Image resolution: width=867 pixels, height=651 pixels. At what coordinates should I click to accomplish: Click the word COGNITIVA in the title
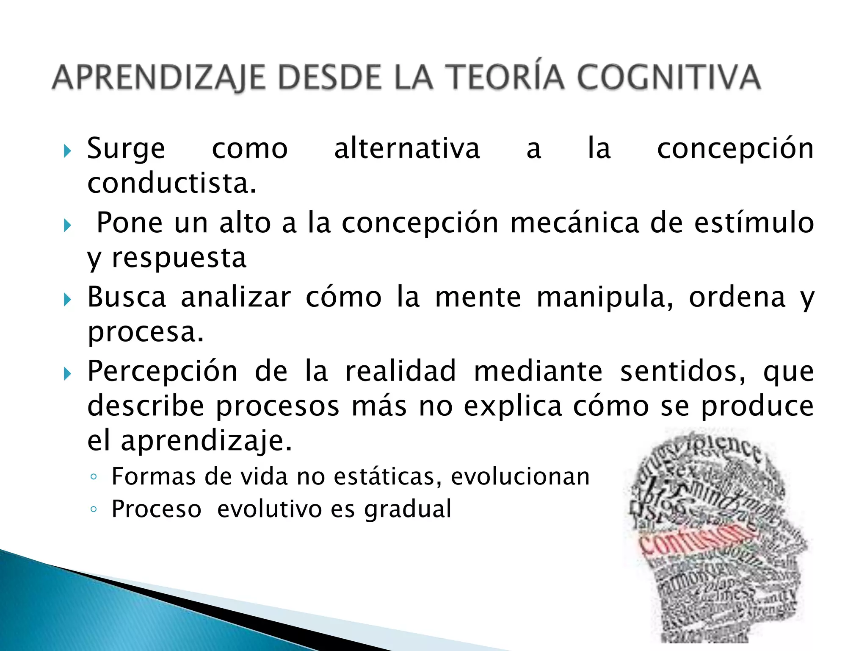[669, 78]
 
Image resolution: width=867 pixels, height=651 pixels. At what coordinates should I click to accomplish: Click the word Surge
[126, 149]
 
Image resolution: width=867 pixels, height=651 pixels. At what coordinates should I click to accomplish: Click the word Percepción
[163, 371]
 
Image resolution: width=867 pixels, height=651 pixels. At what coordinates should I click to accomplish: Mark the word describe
[146, 406]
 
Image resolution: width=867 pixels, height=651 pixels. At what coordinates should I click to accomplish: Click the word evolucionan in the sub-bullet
[520, 476]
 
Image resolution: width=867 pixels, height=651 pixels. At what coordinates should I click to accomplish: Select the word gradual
[408, 509]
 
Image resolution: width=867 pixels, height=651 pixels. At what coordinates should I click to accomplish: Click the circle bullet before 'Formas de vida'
[94, 477]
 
